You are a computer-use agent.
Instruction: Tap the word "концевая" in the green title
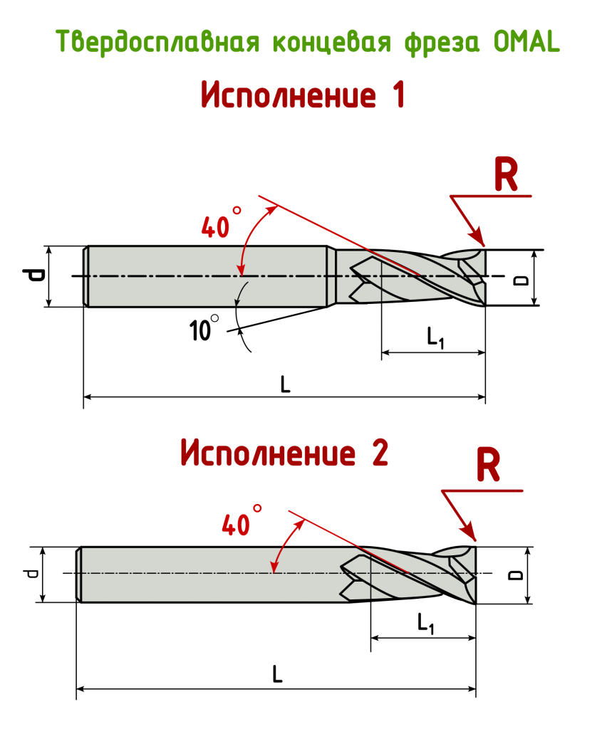332,42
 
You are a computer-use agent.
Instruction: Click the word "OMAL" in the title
526,43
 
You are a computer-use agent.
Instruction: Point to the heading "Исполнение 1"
303,95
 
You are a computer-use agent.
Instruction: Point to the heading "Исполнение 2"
284,453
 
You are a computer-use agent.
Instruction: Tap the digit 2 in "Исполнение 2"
380,453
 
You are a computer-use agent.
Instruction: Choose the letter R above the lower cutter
488,467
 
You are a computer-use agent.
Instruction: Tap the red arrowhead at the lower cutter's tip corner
469,533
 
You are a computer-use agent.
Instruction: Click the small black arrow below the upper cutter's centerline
241,293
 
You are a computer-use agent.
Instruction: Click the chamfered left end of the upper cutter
86,276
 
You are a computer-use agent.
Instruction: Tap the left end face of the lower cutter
80,574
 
